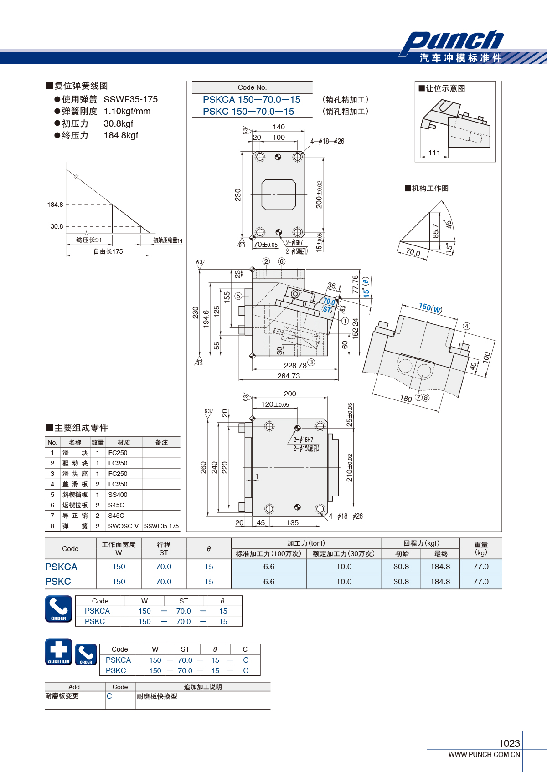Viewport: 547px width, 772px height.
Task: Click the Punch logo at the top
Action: tap(452, 42)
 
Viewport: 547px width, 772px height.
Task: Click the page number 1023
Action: tap(509, 743)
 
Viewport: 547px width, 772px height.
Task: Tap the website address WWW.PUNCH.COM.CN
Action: tap(484, 755)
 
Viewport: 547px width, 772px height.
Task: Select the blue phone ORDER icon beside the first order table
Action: tap(59, 609)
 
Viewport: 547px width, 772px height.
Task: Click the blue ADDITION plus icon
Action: tap(59, 652)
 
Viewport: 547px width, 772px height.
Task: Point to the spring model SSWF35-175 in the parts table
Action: tap(161, 526)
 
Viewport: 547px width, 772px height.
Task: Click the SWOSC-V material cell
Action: tap(123, 526)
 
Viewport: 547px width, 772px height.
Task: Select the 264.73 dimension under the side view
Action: tap(289, 376)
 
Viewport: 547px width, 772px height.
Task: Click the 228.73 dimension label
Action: tap(295, 366)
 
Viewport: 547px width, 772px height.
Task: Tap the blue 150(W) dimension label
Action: tap(430, 308)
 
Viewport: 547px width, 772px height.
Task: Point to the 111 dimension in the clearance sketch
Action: tap(434, 153)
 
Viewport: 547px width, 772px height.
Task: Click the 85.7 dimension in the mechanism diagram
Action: tap(436, 231)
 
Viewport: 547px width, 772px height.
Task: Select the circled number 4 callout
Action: tap(466, 326)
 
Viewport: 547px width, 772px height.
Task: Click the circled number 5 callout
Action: tap(238, 296)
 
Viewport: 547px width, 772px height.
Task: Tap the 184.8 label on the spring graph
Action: tap(55, 205)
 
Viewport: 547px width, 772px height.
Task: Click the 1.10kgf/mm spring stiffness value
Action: tap(127, 111)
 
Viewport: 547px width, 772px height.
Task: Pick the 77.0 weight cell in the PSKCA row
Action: tap(481, 567)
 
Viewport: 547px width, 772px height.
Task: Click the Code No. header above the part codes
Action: tap(252, 87)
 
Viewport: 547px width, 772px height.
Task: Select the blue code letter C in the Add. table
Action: tap(109, 696)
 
